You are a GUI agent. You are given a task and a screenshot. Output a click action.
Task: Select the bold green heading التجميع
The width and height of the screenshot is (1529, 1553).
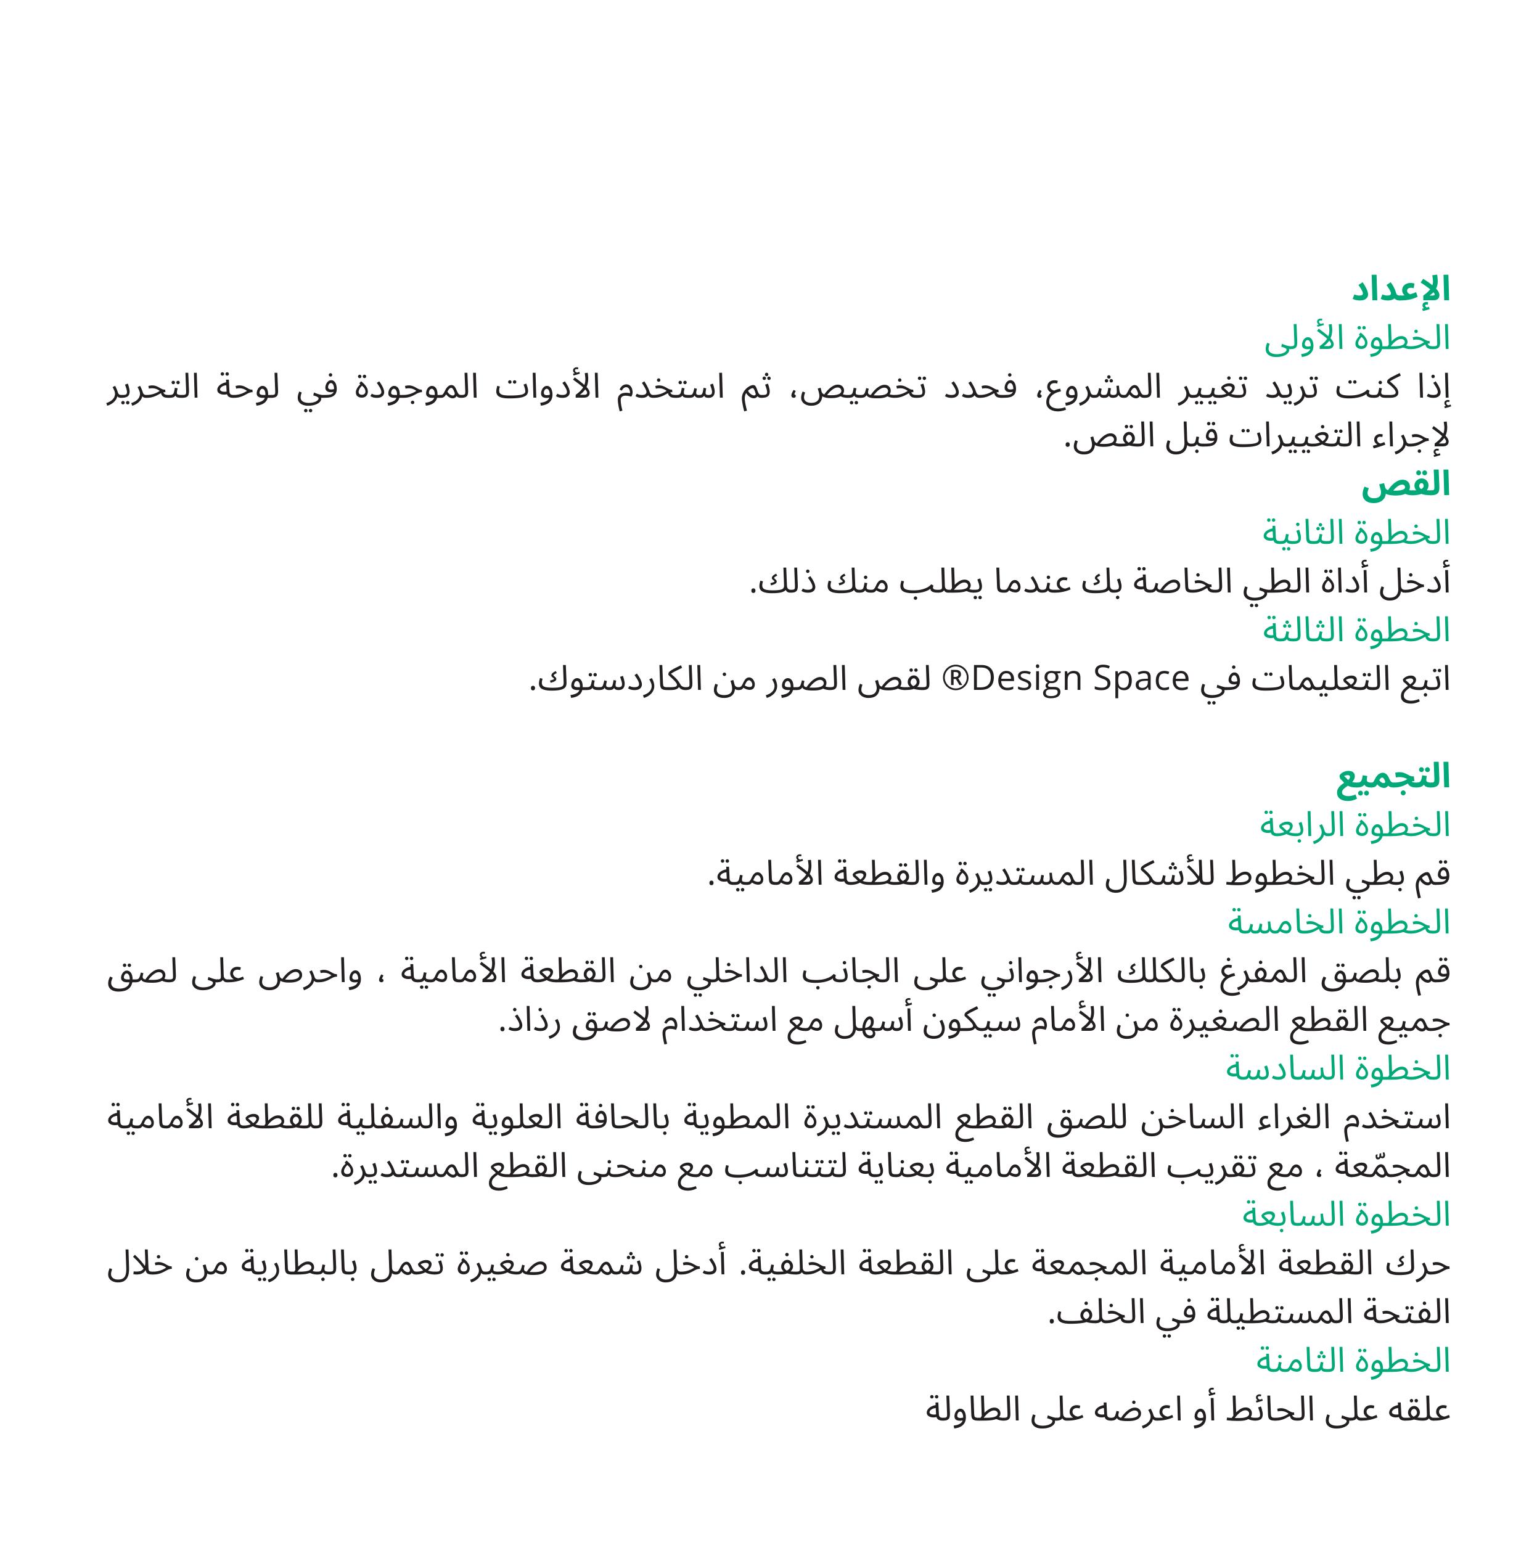(x=1393, y=777)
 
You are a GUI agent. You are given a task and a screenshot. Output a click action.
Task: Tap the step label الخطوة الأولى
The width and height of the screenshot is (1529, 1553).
(x=1357, y=340)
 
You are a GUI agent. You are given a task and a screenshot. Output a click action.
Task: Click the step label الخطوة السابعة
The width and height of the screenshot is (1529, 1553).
(x=1346, y=1215)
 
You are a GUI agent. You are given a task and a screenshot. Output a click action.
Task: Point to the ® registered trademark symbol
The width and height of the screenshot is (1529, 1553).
(x=955, y=679)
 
